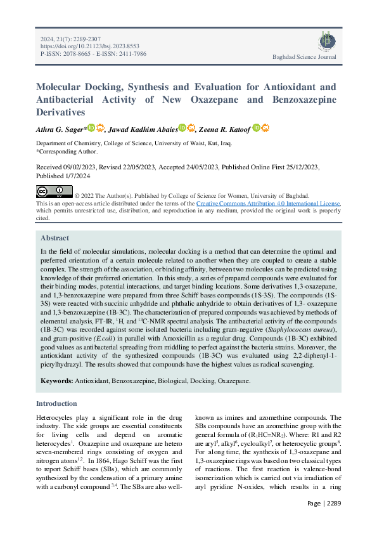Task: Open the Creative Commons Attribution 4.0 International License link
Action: [x=268, y=203]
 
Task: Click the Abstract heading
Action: [x=55, y=238]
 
